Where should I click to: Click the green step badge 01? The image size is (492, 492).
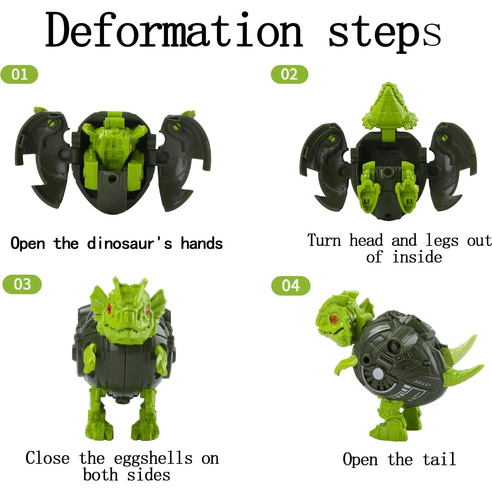(x=19, y=74)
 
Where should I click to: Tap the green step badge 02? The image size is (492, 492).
(x=289, y=74)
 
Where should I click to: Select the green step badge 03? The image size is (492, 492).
(x=22, y=284)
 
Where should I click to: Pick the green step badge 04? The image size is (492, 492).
(x=290, y=285)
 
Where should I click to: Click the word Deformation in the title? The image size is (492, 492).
(x=174, y=31)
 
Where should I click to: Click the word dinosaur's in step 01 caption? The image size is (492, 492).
(x=129, y=243)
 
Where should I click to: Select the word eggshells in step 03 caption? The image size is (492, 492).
(x=153, y=459)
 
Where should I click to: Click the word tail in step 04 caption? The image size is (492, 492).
(x=439, y=459)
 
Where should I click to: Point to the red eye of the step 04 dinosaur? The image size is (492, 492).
(x=335, y=318)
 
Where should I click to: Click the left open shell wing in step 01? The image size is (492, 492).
(x=43, y=156)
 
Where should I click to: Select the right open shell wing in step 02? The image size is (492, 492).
(x=452, y=163)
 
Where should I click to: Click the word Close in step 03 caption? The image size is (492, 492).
(x=47, y=458)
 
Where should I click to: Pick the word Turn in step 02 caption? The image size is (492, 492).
(x=324, y=241)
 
